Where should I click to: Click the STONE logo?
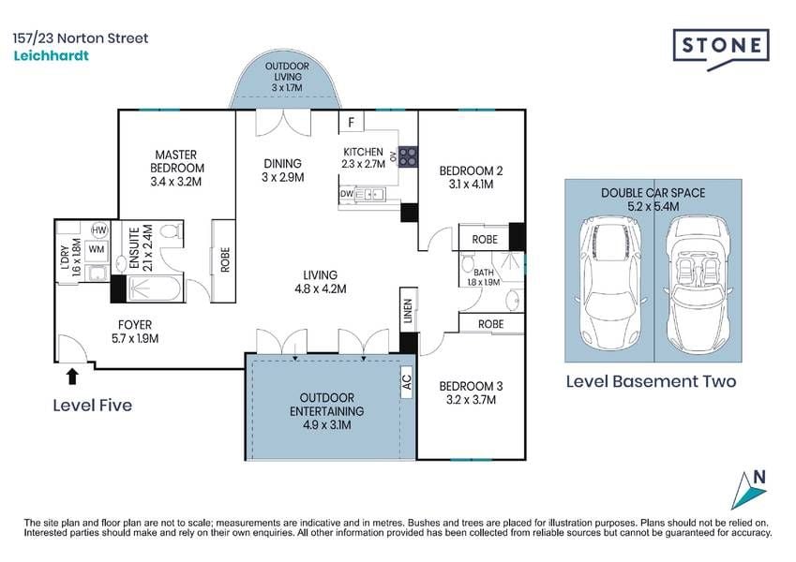(x=721, y=49)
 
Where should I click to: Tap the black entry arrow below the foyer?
(x=72, y=376)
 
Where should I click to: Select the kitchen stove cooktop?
(x=408, y=156)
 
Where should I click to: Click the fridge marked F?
(x=352, y=123)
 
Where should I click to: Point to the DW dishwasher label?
(x=347, y=194)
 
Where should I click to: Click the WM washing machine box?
(x=97, y=249)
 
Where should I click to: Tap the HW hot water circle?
(x=99, y=229)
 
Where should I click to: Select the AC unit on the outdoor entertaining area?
(x=407, y=382)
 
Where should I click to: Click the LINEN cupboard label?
(x=408, y=310)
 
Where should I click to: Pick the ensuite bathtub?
(x=154, y=289)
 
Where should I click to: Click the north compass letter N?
(x=759, y=477)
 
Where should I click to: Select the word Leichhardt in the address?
(x=51, y=55)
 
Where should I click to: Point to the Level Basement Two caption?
(x=651, y=381)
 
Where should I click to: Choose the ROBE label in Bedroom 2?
(x=485, y=240)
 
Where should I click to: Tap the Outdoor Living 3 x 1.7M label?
(x=287, y=77)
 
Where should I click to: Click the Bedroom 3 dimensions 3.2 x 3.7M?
(x=471, y=400)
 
